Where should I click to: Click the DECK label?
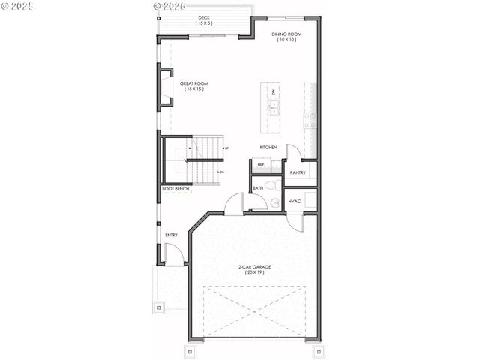coord(204,17)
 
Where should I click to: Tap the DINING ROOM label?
coord(287,34)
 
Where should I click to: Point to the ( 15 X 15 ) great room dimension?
coord(194,89)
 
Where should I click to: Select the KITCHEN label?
coord(268,147)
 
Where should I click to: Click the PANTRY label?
coord(298,172)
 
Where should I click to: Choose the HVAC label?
coord(294,201)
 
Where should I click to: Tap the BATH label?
coord(257,188)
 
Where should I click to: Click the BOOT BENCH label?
coord(175,189)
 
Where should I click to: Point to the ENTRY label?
coord(172,235)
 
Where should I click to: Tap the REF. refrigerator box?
coord(262,165)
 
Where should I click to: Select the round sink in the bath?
coord(275,202)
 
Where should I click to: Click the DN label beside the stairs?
coord(222,172)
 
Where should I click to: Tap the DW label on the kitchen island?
coord(274,92)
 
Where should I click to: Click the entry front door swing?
coord(175,255)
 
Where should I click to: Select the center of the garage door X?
coord(255,311)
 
